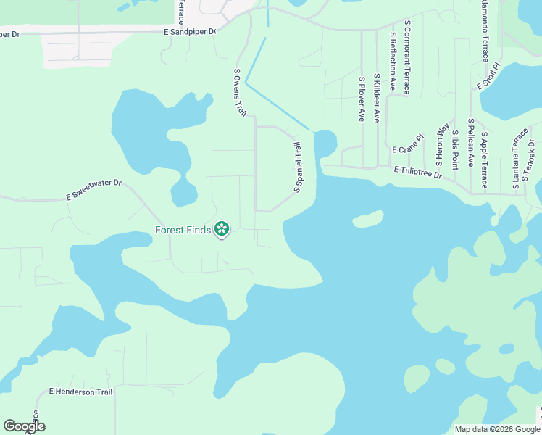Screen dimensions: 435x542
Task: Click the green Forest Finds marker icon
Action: (222, 230)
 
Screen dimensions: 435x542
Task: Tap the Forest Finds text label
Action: (183, 231)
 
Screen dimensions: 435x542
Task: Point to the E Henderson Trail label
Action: (80, 391)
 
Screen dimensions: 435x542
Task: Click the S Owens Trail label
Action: (240, 93)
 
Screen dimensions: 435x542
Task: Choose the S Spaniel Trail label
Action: (297, 167)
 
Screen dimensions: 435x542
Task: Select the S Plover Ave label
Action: (361, 98)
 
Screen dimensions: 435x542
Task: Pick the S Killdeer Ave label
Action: (376, 97)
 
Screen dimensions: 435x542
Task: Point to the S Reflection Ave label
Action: (393, 61)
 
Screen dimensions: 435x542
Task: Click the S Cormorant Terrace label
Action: (407, 57)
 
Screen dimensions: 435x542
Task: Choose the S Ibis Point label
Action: (454, 149)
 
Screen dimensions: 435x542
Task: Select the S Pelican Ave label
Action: (470, 142)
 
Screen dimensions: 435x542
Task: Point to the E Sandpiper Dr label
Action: (190, 32)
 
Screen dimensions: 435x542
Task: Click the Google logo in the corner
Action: (24, 426)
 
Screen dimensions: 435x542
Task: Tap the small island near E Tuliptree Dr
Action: (368, 218)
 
